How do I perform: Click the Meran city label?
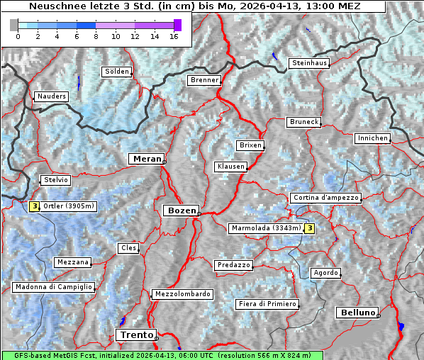pyautogui.click(x=147, y=159)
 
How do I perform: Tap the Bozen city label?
pyautogui.click(x=180, y=210)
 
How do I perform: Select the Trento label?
pyautogui.click(x=135, y=335)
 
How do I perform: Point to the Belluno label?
pyautogui.click(x=357, y=312)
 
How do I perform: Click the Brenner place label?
pyautogui.click(x=205, y=81)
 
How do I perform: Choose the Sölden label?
pyautogui.click(x=117, y=72)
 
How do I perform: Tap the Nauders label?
pyautogui.click(x=51, y=96)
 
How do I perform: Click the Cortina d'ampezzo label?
pyautogui.click(x=325, y=198)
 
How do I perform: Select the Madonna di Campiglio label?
pyautogui.click(x=53, y=287)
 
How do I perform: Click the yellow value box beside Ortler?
pyautogui.click(x=34, y=207)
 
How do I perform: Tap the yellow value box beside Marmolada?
pyautogui.click(x=309, y=228)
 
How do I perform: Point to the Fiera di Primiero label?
pyautogui.click(x=267, y=304)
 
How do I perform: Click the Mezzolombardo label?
pyautogui.click(x=182, y=294)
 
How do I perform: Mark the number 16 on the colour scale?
pyautogui.click(x=173, y=37)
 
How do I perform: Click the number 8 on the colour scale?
pyautogui.click(x=96, y=37)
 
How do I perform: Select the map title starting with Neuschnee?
pyautogui.click(x=194, y=6)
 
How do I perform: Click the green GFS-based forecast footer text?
pyautogui.click(x=162, y=355)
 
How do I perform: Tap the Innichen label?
pyautogui.click(x=372, y=138)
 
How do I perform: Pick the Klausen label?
pyautogui.click(x=230, y=167)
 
